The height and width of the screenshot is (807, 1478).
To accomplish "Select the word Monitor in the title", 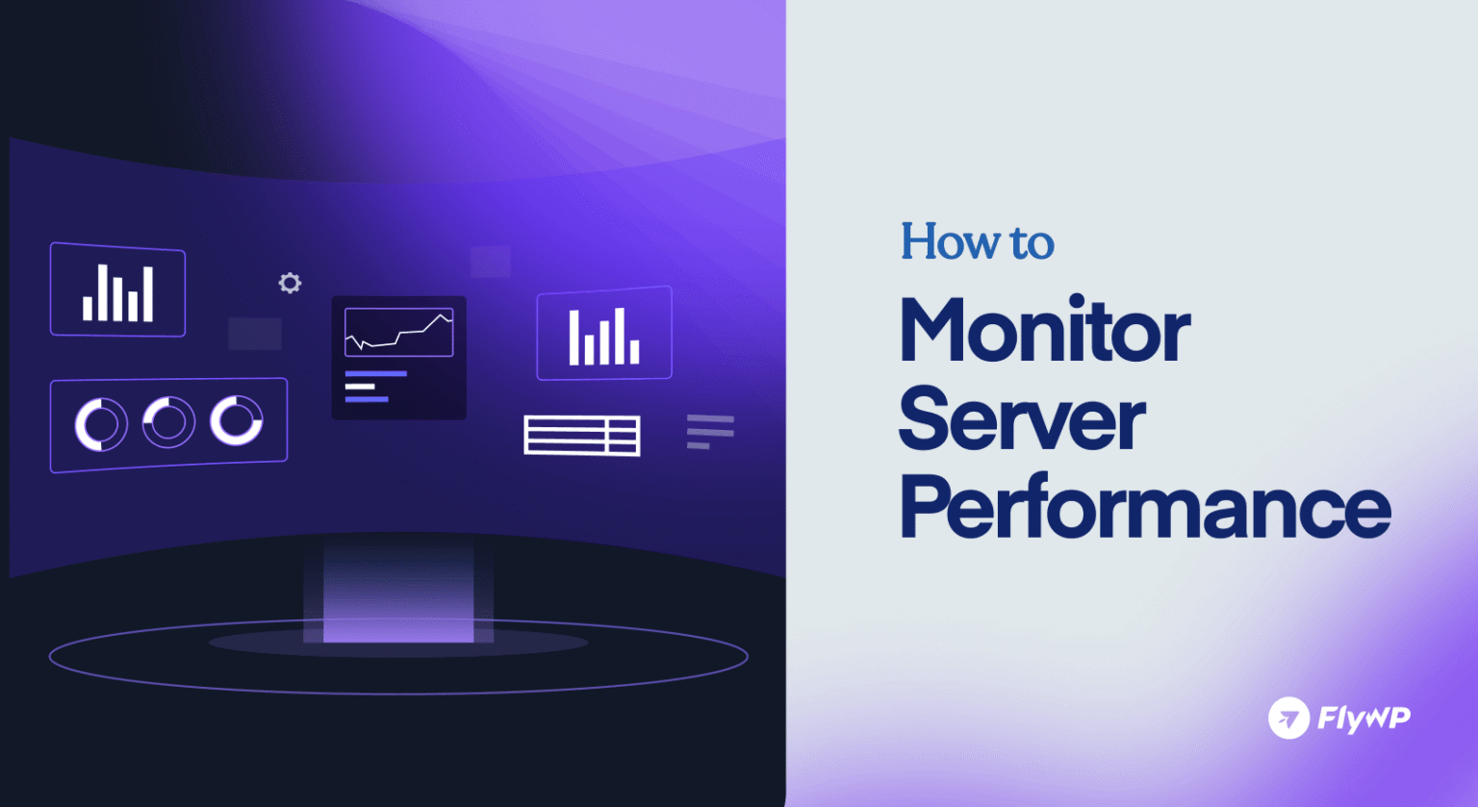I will [1044, 332].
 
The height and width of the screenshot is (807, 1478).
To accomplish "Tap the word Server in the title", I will [1021, 420].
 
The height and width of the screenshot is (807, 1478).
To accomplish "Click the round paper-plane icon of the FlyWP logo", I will [1288, 718].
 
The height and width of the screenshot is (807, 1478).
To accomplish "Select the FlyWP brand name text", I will [1363, 719].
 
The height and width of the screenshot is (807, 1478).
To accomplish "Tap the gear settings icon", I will [290, 283].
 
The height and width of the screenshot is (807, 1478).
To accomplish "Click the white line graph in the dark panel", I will [398, 333].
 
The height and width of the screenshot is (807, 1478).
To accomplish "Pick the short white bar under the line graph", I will [359, 386].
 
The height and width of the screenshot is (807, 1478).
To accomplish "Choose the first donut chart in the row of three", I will [101, 424].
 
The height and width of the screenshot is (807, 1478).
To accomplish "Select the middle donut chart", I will [168, 422].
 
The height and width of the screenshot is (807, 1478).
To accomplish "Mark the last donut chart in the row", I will [237, 420].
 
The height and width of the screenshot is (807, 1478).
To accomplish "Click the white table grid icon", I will [582, 435].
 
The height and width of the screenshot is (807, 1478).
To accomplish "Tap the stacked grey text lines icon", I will [710, 432].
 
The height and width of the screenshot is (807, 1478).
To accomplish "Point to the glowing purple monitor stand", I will [398, 593].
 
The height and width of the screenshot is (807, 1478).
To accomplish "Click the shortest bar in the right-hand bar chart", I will [634, 352].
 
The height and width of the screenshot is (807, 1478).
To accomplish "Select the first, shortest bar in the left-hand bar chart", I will [88, 308].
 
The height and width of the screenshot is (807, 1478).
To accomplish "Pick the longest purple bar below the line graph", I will [375, 373].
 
